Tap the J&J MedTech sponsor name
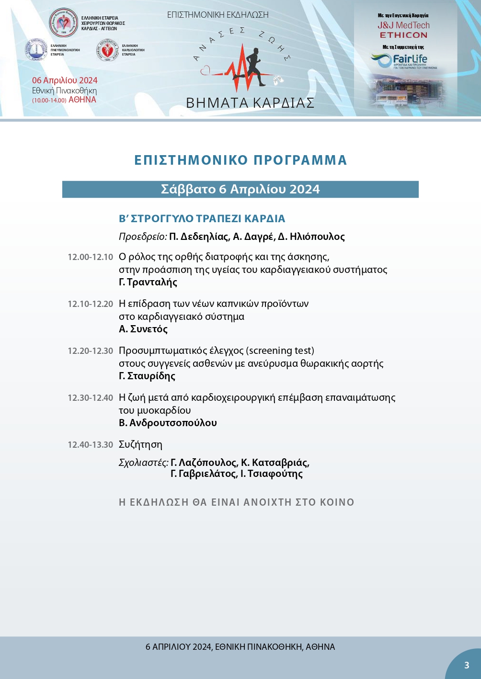pyautogui.click(x=403, y=25)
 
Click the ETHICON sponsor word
pyautogui.click(x=403, y=35)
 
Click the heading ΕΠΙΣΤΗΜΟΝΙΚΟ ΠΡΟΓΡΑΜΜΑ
pyautogui.click(x=240, y=160)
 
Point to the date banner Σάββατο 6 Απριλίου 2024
pyautogui.click(x=240, y=189)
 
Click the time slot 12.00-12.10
pyautogui.click(x=90, y=257)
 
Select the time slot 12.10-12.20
pyautogui.click(x=90, y=304)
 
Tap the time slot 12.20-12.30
pyautogui.click(x=90, y=351)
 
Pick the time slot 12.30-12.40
pyautogui.click(x=90, y=398)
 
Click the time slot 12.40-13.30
pyautogui.click(x=90, y=445)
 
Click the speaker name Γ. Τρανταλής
pyautogui.click(x=148, y=282)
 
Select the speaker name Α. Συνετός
pyautogui.click(x=143, y=329)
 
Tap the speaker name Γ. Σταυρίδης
pyautogui.click(x=147, y=376)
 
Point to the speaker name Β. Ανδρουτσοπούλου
pyautogui.click(x=168, y=423)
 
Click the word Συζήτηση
pyautogui.click(x=140, y=444)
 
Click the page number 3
pyautogui.click(x=467, y=665)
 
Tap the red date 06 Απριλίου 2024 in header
pyautogui.click(x=65, y=80)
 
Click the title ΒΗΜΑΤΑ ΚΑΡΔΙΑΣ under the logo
pyautogui.click(x=250, y=103)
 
